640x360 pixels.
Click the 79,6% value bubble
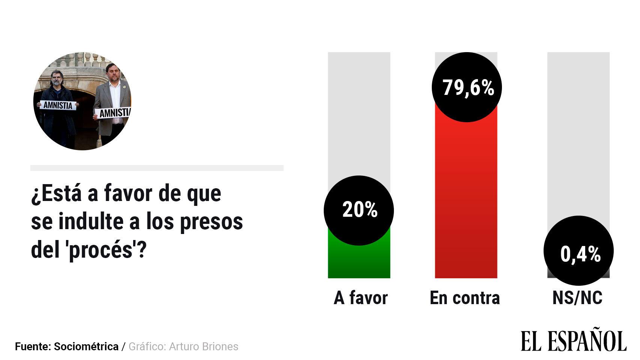[x=467, y=87]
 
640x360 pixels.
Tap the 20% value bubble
[x=359, y=210]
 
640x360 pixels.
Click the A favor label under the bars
[x=361, y=298]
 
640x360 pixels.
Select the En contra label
[x=465, y=298]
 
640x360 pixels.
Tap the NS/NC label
[x=577, y=298]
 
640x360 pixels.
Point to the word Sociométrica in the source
[x=86, y=346]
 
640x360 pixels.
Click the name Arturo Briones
[x=204, y=346]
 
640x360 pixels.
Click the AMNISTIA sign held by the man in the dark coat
[x=58, y=105]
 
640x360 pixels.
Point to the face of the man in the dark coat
[x=57, y=78]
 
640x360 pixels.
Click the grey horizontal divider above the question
[x=157, y=168]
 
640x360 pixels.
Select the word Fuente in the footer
[x=32, y=346]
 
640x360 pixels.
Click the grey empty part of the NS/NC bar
[x=578, y=131]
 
